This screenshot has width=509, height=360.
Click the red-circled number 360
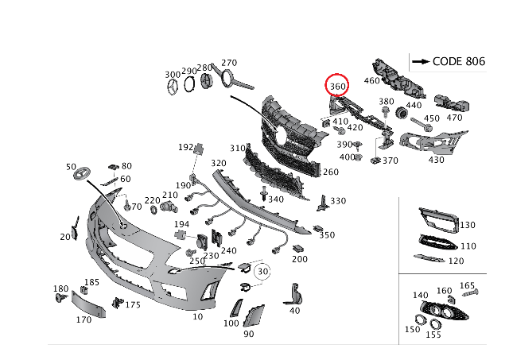tap(337, 85)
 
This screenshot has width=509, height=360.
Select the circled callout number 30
tap(262, 270)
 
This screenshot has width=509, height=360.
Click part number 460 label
tap(372, 80)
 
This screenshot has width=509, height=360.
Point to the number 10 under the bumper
tap(197, 317)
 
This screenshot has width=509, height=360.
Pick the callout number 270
tap(229, 63)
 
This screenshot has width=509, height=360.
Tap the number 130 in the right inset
tap(467, 226)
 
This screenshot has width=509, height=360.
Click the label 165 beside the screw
tap(468, 285)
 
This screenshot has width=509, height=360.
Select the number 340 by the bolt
tap(275, 199)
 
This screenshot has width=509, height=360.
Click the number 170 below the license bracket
tap(83, 320)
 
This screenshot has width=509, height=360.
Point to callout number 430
tap(437, 160)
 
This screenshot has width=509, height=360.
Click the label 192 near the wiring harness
tap(185, 147)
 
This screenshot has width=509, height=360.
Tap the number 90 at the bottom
tap(248, 334)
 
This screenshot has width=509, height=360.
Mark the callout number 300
tap(173, 74)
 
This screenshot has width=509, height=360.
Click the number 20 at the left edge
tap(64, 237)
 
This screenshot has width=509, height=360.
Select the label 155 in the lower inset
tap(433, 335)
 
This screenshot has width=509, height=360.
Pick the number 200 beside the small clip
tap(299, 259)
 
